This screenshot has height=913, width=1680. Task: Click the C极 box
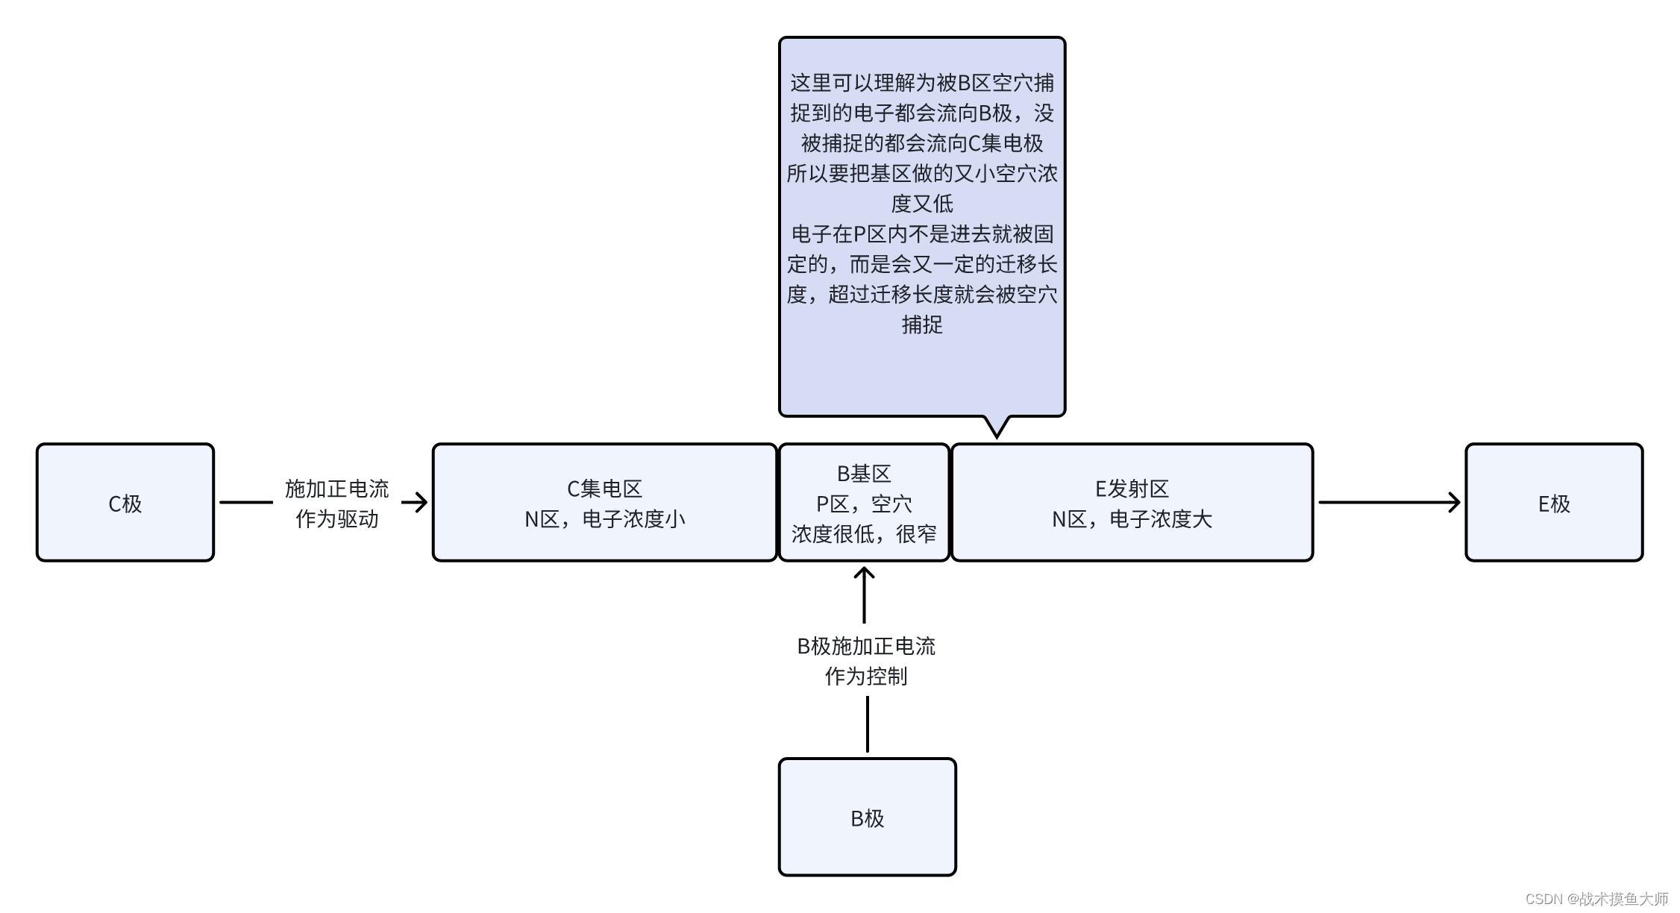125,503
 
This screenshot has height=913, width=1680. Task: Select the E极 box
1554,503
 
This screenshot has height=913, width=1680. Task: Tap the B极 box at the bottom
867,818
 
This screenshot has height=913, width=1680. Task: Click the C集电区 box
604,503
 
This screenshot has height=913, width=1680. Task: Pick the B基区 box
864,503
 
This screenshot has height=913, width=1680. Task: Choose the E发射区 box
1132,503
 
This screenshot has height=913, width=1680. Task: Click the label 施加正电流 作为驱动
337,503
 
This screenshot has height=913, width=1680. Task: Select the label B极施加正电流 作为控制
866,661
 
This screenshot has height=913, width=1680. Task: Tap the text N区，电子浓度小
604,519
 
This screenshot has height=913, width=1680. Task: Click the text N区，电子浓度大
1132,519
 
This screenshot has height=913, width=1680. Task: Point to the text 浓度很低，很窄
864,534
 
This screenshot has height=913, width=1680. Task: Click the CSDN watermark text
1596,899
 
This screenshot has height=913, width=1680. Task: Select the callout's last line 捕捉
922,324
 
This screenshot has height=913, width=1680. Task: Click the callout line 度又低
922,204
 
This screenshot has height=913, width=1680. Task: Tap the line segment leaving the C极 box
246,502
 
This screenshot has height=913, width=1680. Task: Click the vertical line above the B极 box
867,724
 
